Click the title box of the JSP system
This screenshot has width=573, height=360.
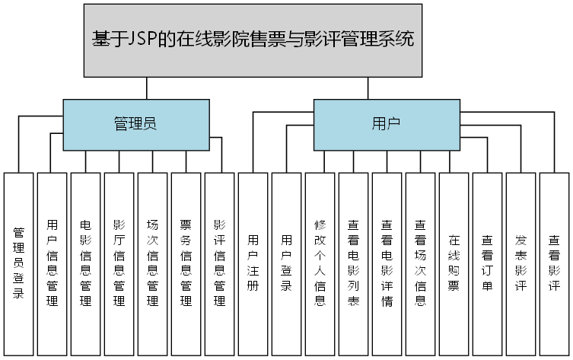(x=253, y=40)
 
